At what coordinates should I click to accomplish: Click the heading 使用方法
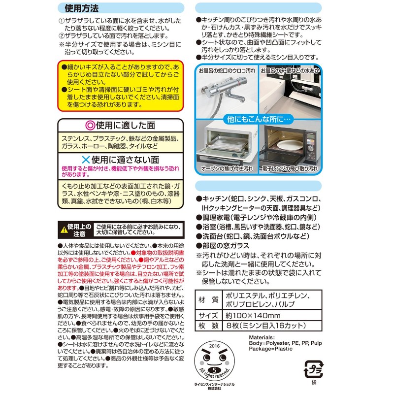[80, 8]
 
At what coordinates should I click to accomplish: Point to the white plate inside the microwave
[285, 146]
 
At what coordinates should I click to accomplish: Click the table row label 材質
[208, 299]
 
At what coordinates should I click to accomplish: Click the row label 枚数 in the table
[208, 326]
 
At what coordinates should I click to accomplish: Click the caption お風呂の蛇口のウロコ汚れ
[227, 70]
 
